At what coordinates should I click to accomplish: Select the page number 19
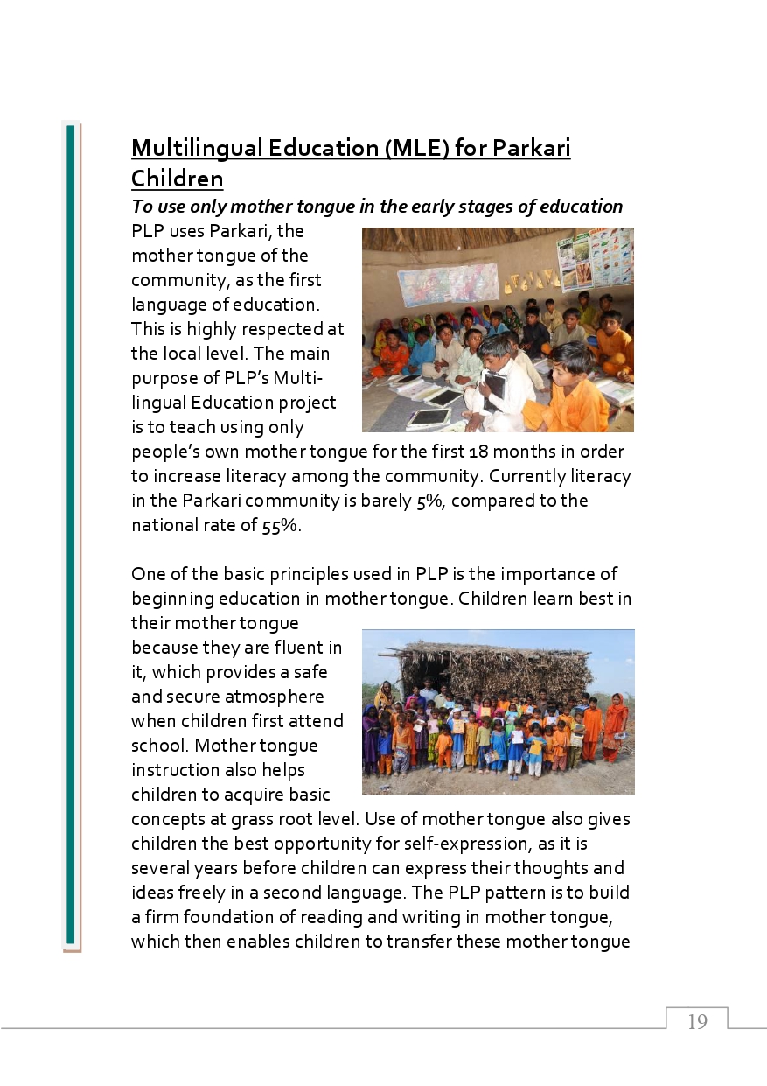(x=697, y=1022)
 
